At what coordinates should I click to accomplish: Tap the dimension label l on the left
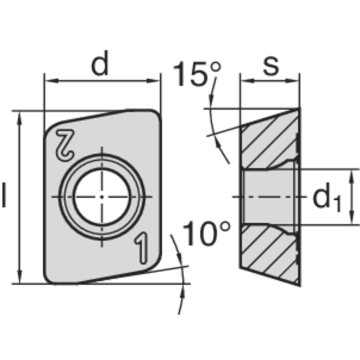click(x=4, y=195)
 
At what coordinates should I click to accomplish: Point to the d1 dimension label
click(x=326, y=198)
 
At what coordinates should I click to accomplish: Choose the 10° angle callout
click(x=207, y=234)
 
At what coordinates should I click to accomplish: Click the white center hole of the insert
click(x=102, y=197)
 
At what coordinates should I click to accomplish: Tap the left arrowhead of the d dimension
click(x=49, y=81)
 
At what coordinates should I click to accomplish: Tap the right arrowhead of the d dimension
click(x=155, y=81)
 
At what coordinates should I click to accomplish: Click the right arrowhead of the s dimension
click(x=294, y=81)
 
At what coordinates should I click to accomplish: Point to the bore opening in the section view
click(x=268, y=197)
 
